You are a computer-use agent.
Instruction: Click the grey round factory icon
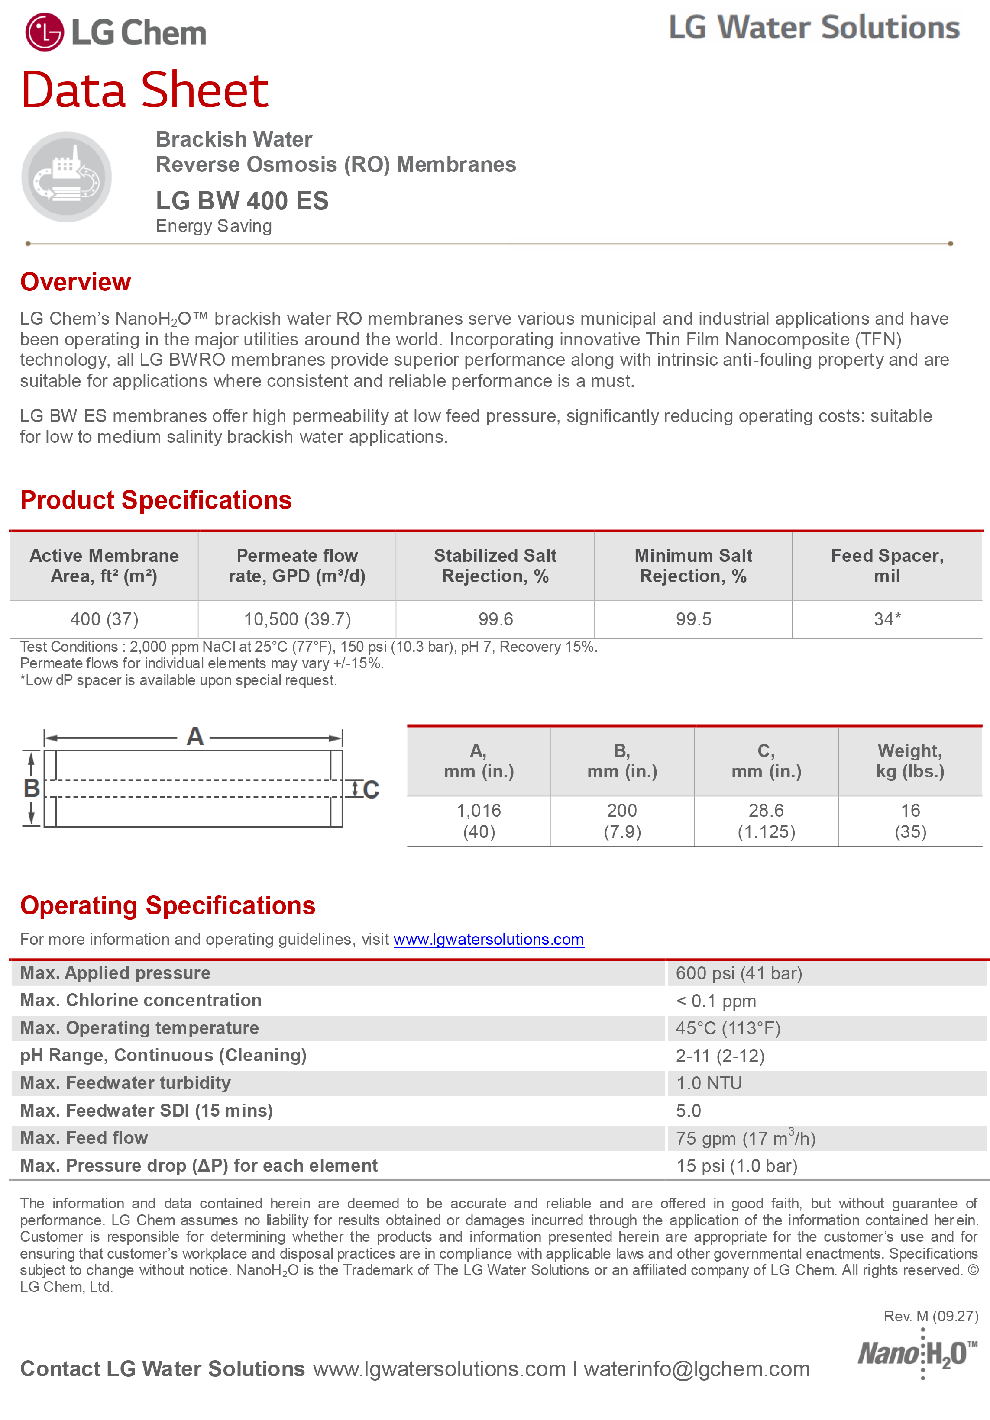66,177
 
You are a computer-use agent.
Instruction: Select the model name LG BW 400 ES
242,201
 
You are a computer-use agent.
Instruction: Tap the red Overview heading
75,282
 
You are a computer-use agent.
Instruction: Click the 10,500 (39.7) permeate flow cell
297,619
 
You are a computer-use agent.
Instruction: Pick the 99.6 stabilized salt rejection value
495,619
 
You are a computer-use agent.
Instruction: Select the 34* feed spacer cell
886,619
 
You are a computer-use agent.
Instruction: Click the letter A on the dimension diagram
195,737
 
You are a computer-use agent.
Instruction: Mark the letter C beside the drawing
371,790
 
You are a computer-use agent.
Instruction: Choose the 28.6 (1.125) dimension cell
766,821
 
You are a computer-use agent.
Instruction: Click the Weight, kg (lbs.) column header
909,761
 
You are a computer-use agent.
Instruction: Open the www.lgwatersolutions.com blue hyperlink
488,940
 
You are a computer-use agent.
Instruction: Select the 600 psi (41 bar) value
739,973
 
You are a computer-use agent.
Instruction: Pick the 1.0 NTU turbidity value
709,1084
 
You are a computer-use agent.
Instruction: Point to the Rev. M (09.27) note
931,1316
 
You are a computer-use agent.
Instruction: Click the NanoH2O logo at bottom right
917,1355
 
